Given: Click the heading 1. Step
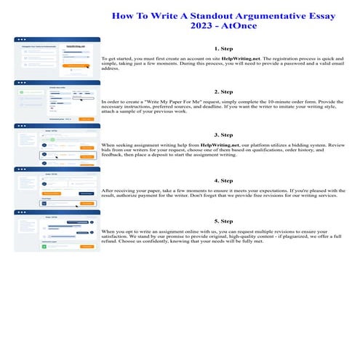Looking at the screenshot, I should point(225,49).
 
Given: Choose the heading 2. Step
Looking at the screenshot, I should point(225,92).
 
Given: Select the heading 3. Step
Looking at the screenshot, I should point(225,135).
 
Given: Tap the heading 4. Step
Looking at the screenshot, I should point(225,180).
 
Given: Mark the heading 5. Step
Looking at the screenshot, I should point(225,220).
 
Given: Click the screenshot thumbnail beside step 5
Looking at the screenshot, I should point(57,231).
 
